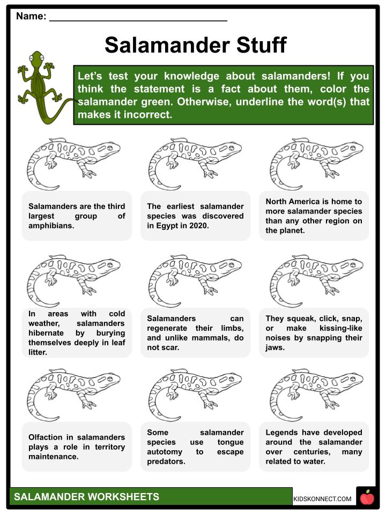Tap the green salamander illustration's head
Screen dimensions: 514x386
pos(36,57)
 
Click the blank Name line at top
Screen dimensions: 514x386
pos(138,17)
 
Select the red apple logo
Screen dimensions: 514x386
pos(367,498)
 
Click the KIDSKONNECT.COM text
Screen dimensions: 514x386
pos(322,499)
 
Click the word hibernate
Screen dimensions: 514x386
pos(49,332)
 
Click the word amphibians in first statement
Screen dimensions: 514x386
pos(51,226)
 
